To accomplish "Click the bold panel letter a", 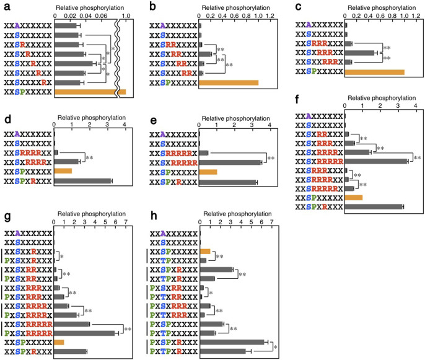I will pyautogui.click(x=6, y=6).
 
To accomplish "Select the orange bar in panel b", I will pyautogui.click(x=228, y=82).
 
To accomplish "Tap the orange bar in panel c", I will pyautogui.click(x=374, y=72).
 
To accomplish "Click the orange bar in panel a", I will pyautogui.click(x=90, y=92).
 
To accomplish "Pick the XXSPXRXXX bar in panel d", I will pyautogui.click(x=82, y=181).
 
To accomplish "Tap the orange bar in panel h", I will pyautogui.click(x=206, y=252).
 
